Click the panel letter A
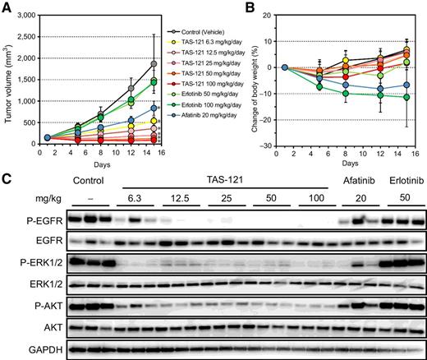7,7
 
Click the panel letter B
250,7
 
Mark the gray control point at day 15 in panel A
153,64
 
